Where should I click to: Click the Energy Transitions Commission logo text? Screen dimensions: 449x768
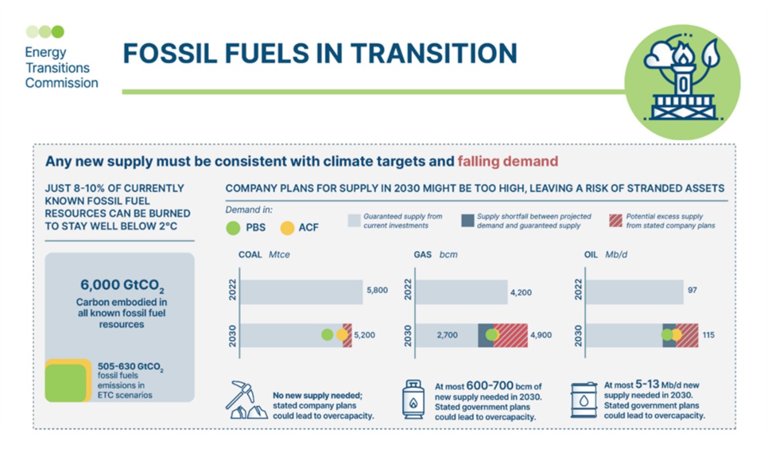(x=61, y=68)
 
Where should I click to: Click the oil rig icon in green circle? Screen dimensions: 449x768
(x=682, y=82)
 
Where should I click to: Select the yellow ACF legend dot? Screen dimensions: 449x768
(x=287, y=227)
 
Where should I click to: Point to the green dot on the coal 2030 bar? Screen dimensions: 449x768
(x=327, y=335)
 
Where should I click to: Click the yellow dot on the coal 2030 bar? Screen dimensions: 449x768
(x=342, y=335)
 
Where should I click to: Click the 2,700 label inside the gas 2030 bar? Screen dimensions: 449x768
(x=447, y=335)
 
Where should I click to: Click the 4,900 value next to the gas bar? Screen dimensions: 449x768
(x=540, y=335)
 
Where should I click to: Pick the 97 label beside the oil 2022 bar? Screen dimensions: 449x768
(x=692, y=290)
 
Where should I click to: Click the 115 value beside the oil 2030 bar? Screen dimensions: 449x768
(x=708, y=335)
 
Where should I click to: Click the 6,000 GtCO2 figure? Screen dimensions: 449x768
(x=119, y=286)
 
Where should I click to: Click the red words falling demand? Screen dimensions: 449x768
(x=507, y=161)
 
